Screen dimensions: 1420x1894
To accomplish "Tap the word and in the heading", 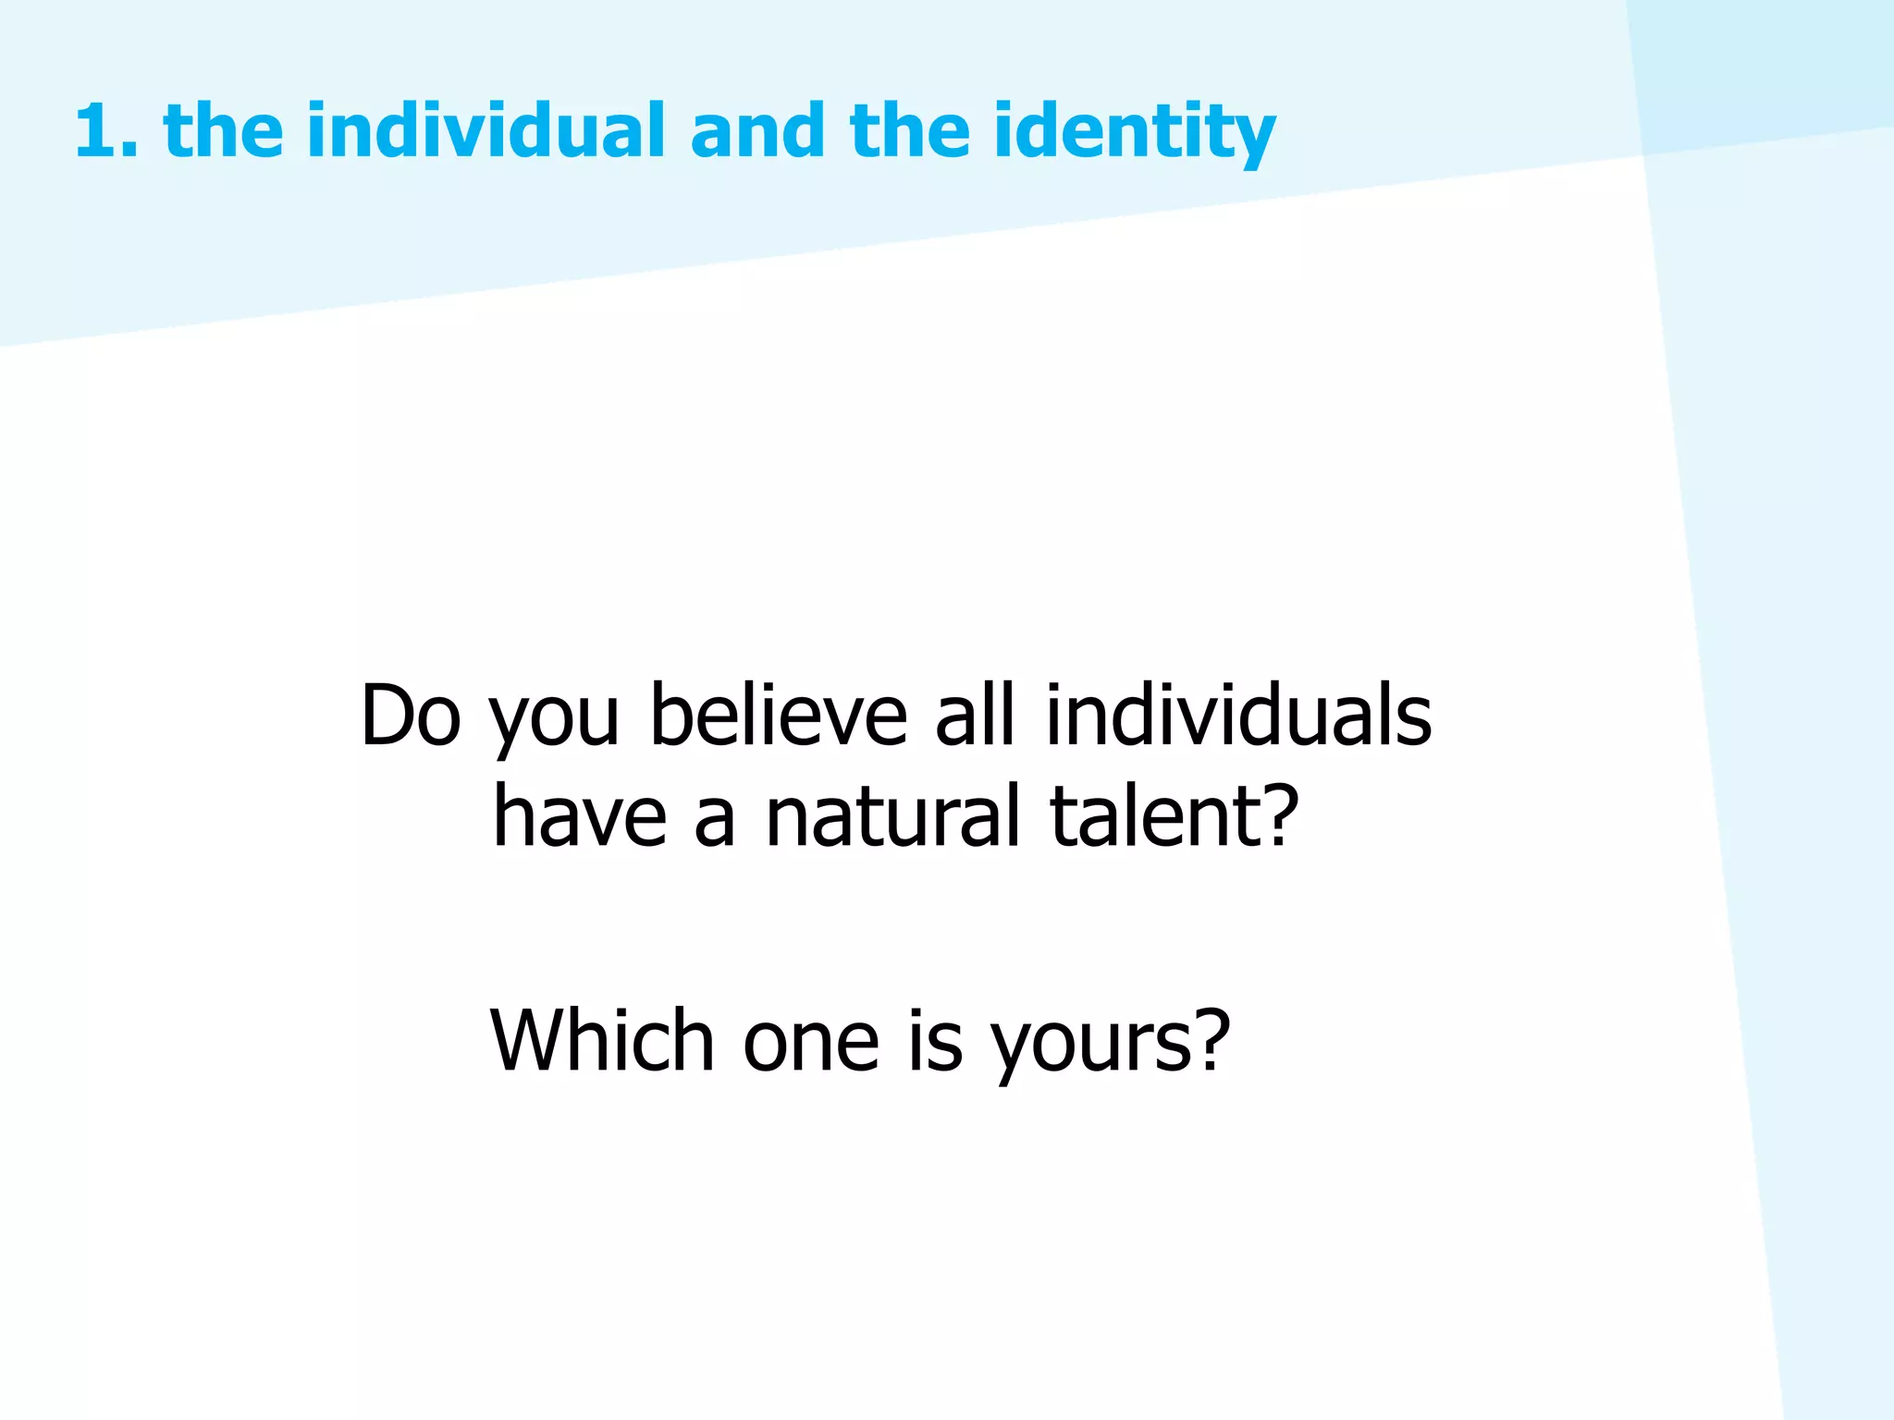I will [756, 131].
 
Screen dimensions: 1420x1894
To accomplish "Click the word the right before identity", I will [908, 131].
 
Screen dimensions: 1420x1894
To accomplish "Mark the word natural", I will [892, 815].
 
